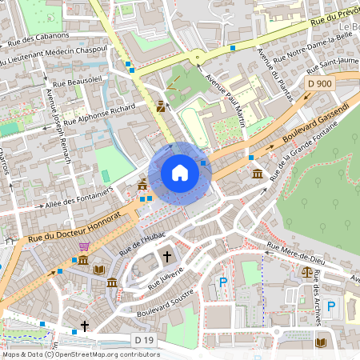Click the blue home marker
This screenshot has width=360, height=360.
click(x=180, y=172)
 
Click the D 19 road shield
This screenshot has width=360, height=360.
click(x=144, y=340)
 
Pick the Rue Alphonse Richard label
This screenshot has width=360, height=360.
click(x=100, y=114)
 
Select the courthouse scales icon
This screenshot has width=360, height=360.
click(x=308, y=271)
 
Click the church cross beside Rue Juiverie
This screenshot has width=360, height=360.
click(x=168, y=257)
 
